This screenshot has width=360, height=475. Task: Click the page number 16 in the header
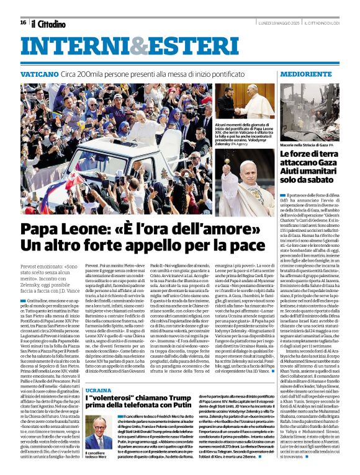(23, 22)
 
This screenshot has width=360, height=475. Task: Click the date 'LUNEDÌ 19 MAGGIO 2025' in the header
(273, 22)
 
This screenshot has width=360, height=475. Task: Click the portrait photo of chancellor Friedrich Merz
(98, 430)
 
